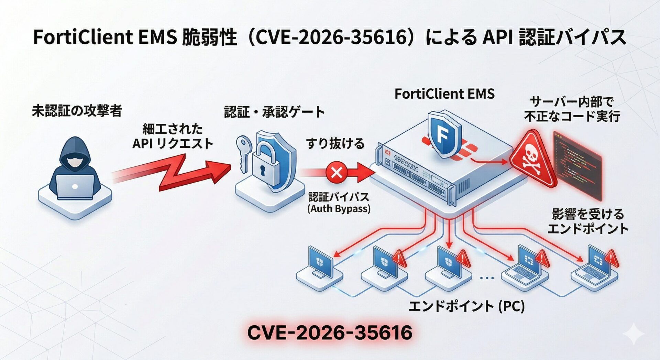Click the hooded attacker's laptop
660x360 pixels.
click(x=75, y=186)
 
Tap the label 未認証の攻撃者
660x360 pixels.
click(x=77, y=111)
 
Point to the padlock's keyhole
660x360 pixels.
click(x=263, y=170)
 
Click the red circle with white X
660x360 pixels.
click(x=336, y=172)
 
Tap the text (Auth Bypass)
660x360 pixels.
click(x=339, y=209)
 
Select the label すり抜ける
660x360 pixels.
click(x=335, y=143)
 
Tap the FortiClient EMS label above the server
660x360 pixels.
click(x=444, y=94)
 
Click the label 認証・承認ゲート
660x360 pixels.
click(x=274, y=112)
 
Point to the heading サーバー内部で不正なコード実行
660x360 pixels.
click(x=572, y=109)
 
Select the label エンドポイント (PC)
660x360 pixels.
click(x=466, y=305)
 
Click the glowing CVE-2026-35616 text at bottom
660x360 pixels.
click(x=329, y=332)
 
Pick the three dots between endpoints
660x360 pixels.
click(x=487, y=277)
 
